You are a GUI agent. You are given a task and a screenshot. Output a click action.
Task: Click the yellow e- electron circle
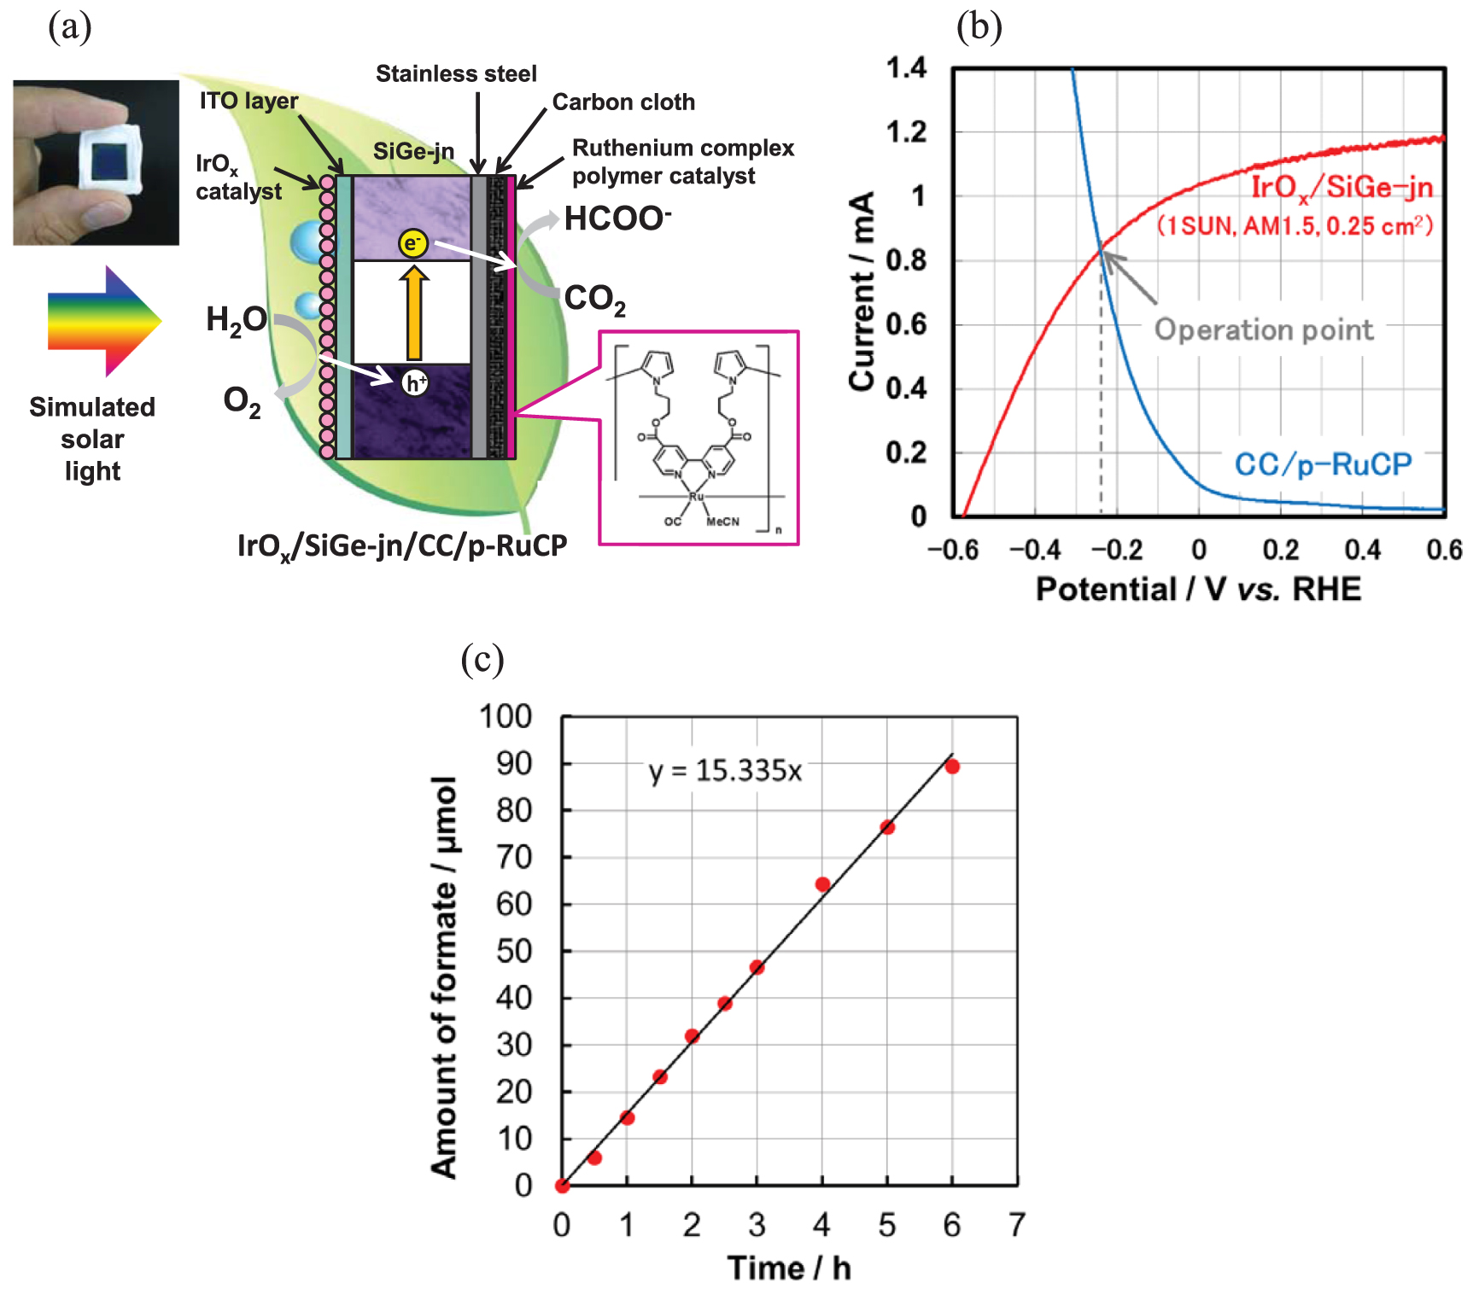(x=413, y=243)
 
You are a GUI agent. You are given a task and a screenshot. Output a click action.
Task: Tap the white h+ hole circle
(x=415, y=383)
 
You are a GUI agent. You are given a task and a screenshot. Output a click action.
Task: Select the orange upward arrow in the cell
(x=414, y=313)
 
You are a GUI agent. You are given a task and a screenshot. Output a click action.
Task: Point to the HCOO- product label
(x=617, y=219)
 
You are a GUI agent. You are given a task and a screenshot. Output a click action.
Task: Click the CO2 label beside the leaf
(x=594, y=300)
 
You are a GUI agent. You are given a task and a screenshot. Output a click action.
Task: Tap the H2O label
(x=237, y=321)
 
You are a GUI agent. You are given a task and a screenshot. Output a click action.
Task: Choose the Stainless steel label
(x=456, y=74)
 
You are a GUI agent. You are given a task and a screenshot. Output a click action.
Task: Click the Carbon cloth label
(x=623, y=102)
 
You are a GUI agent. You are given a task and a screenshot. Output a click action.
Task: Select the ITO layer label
(x=248, y=101)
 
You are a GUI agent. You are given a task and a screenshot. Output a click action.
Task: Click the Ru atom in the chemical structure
(x=697, y=496)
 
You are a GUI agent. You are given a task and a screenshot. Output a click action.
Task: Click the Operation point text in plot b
(x=1264, y=329)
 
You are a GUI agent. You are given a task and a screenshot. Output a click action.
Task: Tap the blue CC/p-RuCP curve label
(x=1323, y=464)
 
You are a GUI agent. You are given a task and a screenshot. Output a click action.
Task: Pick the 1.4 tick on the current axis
(x=906, y=67)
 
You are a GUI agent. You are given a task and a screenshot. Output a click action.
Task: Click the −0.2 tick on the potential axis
(x=1116, y=550)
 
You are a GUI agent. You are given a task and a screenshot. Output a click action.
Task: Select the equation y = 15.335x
(x=725, y=771)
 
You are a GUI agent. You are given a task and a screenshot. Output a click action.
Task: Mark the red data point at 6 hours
(x=952, y=767)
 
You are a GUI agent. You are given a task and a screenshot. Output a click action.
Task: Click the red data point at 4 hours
(x=822, y=884)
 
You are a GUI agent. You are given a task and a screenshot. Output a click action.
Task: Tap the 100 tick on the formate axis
(x=506, y=716)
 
